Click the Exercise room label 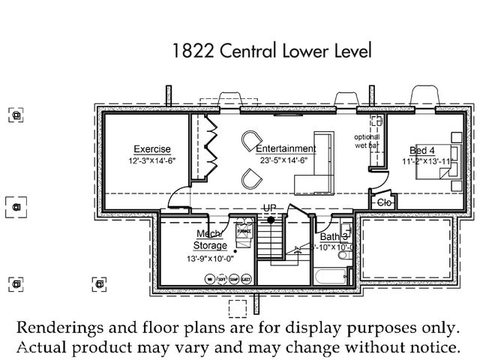coord(152,148)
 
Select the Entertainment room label coord(285,148)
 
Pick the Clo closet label coord(385,202)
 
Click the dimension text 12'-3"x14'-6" coord(152,160)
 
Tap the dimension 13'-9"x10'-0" coord(211,259)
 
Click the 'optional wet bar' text coord(367,141)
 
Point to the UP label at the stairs coord(269,208)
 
